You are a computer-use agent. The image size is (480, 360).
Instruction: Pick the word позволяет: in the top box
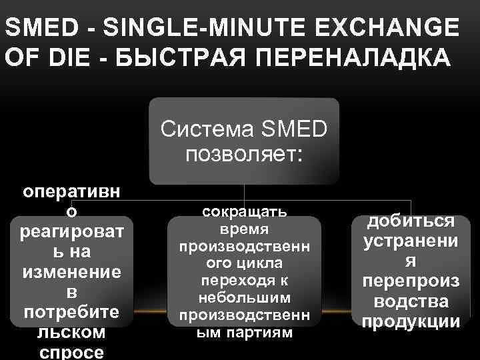coord(244,155)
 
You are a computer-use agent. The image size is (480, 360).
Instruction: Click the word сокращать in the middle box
coord(244,212)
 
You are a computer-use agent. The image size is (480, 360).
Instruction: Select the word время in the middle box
coord(244,229)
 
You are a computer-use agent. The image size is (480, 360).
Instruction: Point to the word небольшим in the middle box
coord(244,297)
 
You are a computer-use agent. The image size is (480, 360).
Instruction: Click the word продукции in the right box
coord(411,322)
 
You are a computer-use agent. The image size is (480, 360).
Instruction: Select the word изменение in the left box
coord(72,272)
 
